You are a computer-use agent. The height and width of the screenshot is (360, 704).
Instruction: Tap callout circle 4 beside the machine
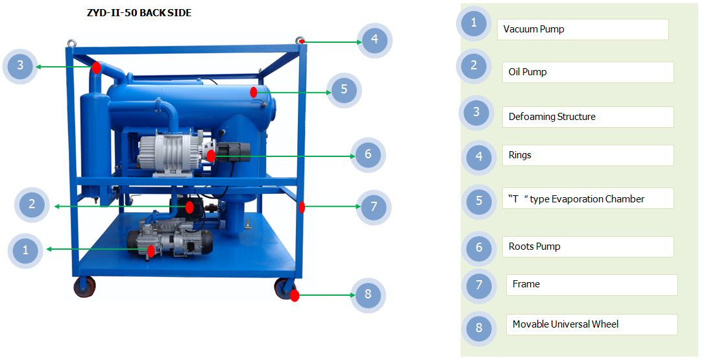[374, 40]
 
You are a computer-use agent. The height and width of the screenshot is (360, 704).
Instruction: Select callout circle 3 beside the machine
[20, 66]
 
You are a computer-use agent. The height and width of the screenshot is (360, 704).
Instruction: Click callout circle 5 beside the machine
[344, 90]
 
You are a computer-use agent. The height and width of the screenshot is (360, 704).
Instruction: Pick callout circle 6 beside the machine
[368, 155]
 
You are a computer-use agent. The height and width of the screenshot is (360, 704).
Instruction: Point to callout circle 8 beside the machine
[368, 295]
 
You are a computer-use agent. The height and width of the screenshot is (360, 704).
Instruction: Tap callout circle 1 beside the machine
[25, 250]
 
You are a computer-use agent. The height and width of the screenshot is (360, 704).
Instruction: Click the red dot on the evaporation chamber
[254, 93]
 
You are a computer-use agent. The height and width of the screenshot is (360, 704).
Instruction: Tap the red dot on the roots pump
[212, 156]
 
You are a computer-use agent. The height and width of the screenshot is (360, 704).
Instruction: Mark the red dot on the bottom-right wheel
[295, 296]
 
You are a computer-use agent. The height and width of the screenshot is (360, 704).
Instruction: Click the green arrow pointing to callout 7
[331, 207]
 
